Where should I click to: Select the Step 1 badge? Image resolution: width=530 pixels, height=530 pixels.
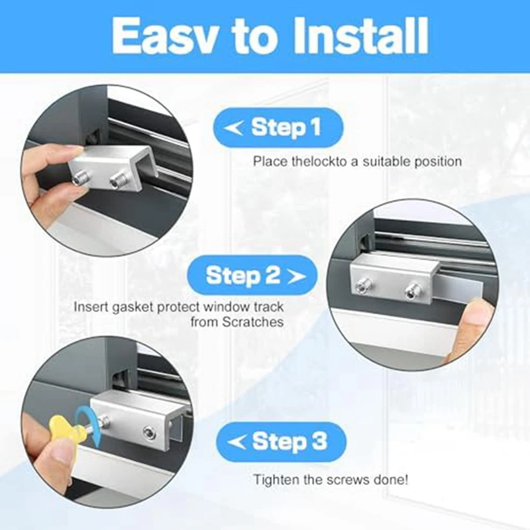pos(278,127)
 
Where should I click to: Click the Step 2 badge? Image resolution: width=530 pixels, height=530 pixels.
pos(252,276)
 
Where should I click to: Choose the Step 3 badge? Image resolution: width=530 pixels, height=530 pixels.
pos(281,442)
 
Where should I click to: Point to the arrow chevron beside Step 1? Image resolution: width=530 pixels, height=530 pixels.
pos(233,128)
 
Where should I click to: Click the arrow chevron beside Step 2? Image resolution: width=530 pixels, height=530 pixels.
pos(296,276)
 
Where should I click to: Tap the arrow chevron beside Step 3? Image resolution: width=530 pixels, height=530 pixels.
pos(237,442)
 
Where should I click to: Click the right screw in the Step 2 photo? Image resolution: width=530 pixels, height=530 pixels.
pos(411,290)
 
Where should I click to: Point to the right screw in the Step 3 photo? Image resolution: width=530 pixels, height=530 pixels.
pos(148,433)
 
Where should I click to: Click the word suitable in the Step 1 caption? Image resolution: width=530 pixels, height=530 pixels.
pos(385,161)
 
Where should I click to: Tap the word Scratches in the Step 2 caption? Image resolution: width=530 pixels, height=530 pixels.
pos(253,322)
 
